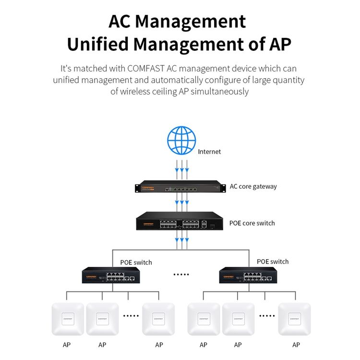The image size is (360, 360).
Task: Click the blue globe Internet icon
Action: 181,140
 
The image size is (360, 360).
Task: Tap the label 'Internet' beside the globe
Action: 209,152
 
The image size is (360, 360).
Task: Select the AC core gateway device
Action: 180,186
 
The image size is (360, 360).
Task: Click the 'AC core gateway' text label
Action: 253,186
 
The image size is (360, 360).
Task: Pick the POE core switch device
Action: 180,221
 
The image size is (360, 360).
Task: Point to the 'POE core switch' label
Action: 252,223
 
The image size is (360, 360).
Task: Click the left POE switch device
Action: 111,275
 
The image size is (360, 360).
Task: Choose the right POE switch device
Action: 248,275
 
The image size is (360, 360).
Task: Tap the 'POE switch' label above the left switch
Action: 136,263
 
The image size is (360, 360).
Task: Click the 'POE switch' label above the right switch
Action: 273,262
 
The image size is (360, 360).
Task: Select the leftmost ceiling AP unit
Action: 68,319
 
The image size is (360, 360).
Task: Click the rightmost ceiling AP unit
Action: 295,319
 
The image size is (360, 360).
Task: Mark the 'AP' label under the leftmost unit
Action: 67,345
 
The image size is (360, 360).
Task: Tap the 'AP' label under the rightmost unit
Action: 296,345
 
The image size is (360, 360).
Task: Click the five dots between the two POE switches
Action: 181,275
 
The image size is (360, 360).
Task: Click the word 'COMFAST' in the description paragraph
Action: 146,69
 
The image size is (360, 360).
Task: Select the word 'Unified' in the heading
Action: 97,44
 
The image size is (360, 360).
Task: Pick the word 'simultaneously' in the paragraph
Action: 220,92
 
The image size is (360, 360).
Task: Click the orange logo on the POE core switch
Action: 148,224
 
